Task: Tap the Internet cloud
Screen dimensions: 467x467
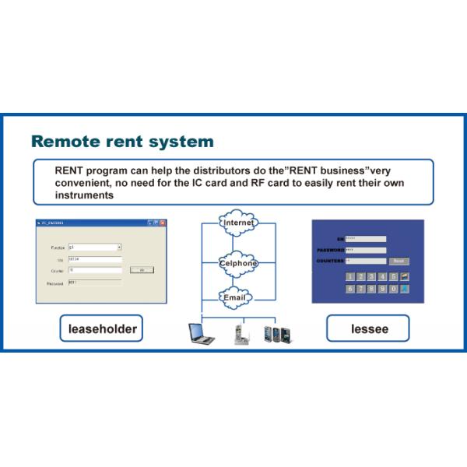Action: [x=238, y=224]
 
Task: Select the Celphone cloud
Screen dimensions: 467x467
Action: [x=238, y=262]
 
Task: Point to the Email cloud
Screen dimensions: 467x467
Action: [x=235, y=297]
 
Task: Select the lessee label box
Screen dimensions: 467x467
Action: [x=367, y=329]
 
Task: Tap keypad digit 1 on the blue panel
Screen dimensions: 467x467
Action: [x=350, y=276]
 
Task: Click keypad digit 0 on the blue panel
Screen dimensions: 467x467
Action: [x=394, y=289]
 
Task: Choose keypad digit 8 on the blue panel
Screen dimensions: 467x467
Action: [x=372, y=289]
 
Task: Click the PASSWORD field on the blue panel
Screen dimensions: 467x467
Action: [x=366, y=250]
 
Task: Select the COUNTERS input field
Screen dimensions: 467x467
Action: [x=366, y=261]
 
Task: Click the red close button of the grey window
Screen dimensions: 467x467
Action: [x=163, y=223]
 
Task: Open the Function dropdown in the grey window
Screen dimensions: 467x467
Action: [x=119, y=247]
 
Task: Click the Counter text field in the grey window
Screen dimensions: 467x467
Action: [x=95, y=269]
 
